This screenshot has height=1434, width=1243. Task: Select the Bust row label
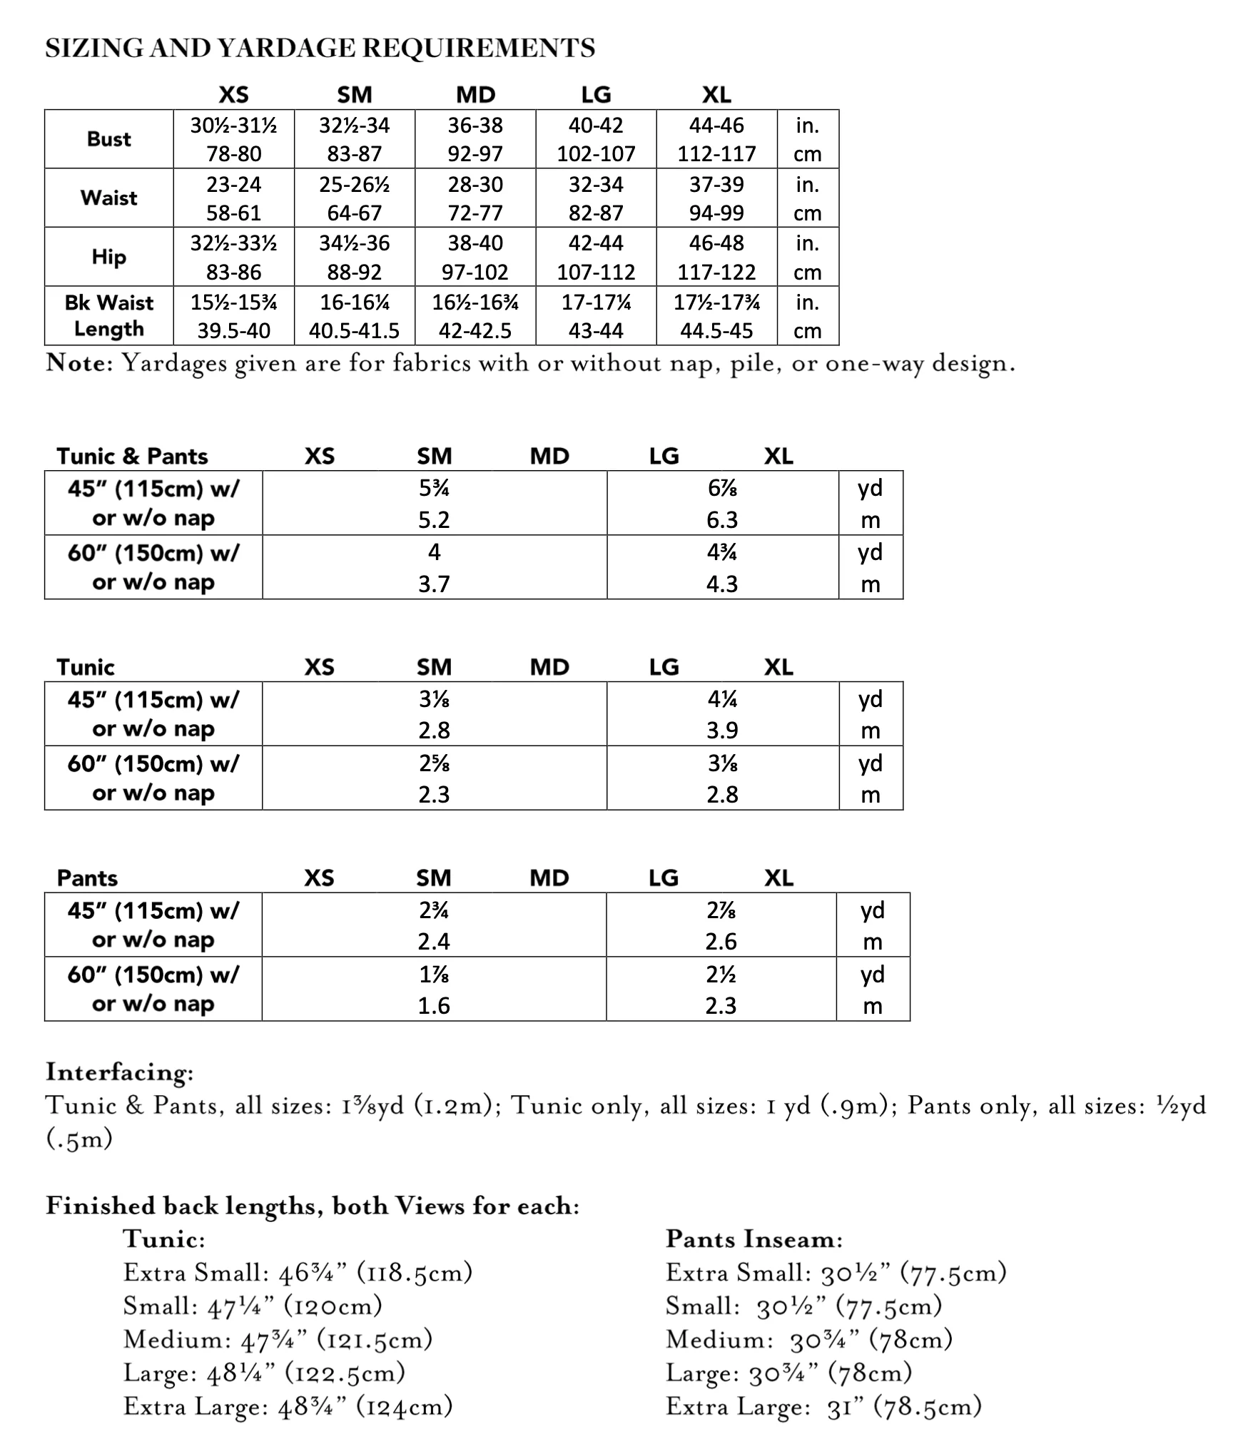click(108, 139)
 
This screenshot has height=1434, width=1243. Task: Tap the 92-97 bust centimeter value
click(475, 154)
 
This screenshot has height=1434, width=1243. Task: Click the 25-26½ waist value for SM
click(354, 185)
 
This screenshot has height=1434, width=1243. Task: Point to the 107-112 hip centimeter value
click(596, 273)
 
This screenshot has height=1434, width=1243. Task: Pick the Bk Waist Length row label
click(108, 315)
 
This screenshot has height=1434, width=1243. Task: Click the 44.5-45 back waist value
click(716, 331)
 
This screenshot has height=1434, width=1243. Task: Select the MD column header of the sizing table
click(475, 95)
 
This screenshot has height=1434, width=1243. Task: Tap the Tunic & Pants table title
click(132, 457)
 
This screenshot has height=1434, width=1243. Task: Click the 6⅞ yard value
click(722, 489)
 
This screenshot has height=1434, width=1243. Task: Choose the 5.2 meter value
click(434, 520)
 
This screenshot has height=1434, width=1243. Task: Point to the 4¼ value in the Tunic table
click(722, 699)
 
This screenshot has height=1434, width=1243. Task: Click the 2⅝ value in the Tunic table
click(434, 763)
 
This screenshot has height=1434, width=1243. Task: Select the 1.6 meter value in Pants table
click(434, 1006)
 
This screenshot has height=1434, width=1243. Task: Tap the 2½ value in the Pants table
click(721, 975)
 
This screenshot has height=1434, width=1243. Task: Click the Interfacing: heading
click(119, 1072)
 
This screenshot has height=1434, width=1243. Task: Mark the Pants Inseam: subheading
click(754, 1239)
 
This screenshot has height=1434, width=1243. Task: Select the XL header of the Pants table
click(778, 878)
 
